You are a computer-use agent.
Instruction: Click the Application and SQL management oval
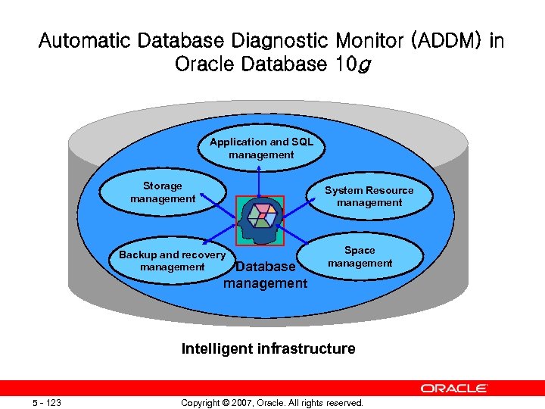260,148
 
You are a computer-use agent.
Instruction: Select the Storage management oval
163,192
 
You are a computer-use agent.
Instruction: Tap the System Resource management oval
369,196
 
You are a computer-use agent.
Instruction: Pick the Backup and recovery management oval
172,261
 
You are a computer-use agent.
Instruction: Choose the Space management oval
360,256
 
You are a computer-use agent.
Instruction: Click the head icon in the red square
260,220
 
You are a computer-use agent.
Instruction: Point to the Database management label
265,275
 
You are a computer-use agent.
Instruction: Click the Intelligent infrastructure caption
268,348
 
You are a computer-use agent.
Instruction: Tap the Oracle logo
454,388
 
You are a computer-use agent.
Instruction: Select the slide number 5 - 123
47,402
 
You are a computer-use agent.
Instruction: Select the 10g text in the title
353,64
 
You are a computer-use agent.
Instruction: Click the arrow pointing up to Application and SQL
260,182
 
